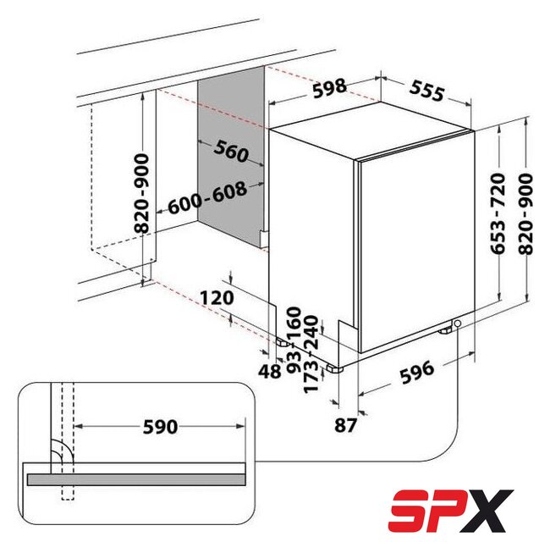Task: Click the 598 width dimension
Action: click(329, 88)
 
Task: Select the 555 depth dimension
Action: click(426, 91)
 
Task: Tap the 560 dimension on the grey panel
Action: click(232, 151)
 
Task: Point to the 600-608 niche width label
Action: click(207, 197)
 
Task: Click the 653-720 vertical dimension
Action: click(498, 213)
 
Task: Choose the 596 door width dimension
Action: click(417, 373)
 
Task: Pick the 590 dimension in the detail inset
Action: click(160, 427)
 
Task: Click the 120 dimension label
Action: click(217, 298)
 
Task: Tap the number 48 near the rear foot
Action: click(270, 372)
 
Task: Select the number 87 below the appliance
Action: click(345, 425)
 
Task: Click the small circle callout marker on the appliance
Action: click(457, 323)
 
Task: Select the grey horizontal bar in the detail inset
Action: click(136, 479)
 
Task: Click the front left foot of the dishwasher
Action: click(334, 368)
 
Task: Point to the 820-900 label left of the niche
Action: click(141, 193)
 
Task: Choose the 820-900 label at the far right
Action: click(525, 214)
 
